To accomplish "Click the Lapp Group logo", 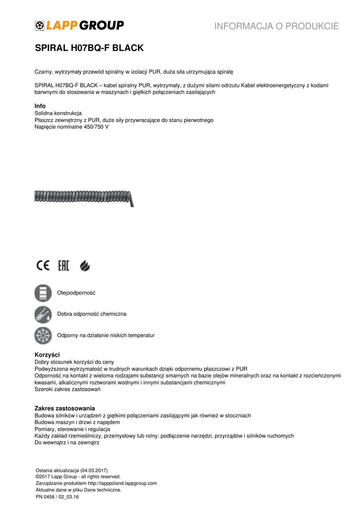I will coord(79,25).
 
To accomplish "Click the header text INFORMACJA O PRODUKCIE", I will coord(277,26).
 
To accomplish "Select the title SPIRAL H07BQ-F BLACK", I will coord(89,48).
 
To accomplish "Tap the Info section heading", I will coord(40,106).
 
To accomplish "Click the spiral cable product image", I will coord(84,197).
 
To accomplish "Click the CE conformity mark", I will coord(43,266).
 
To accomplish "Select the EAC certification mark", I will coord(64,266).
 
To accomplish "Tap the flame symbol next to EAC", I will coord(85,266).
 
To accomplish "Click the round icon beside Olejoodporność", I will coord(43,293).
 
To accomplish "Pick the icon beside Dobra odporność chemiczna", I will coord(43,315).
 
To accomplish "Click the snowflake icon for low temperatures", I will coord(43,335).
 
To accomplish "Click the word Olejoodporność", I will coord(76,293).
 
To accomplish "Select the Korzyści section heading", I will coord(47,355).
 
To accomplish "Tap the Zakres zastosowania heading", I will coord(65,408).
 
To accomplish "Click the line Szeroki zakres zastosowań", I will coord(68,389).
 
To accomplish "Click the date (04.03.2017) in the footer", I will coord(92,470).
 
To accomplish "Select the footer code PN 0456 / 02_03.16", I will coord(57,496).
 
